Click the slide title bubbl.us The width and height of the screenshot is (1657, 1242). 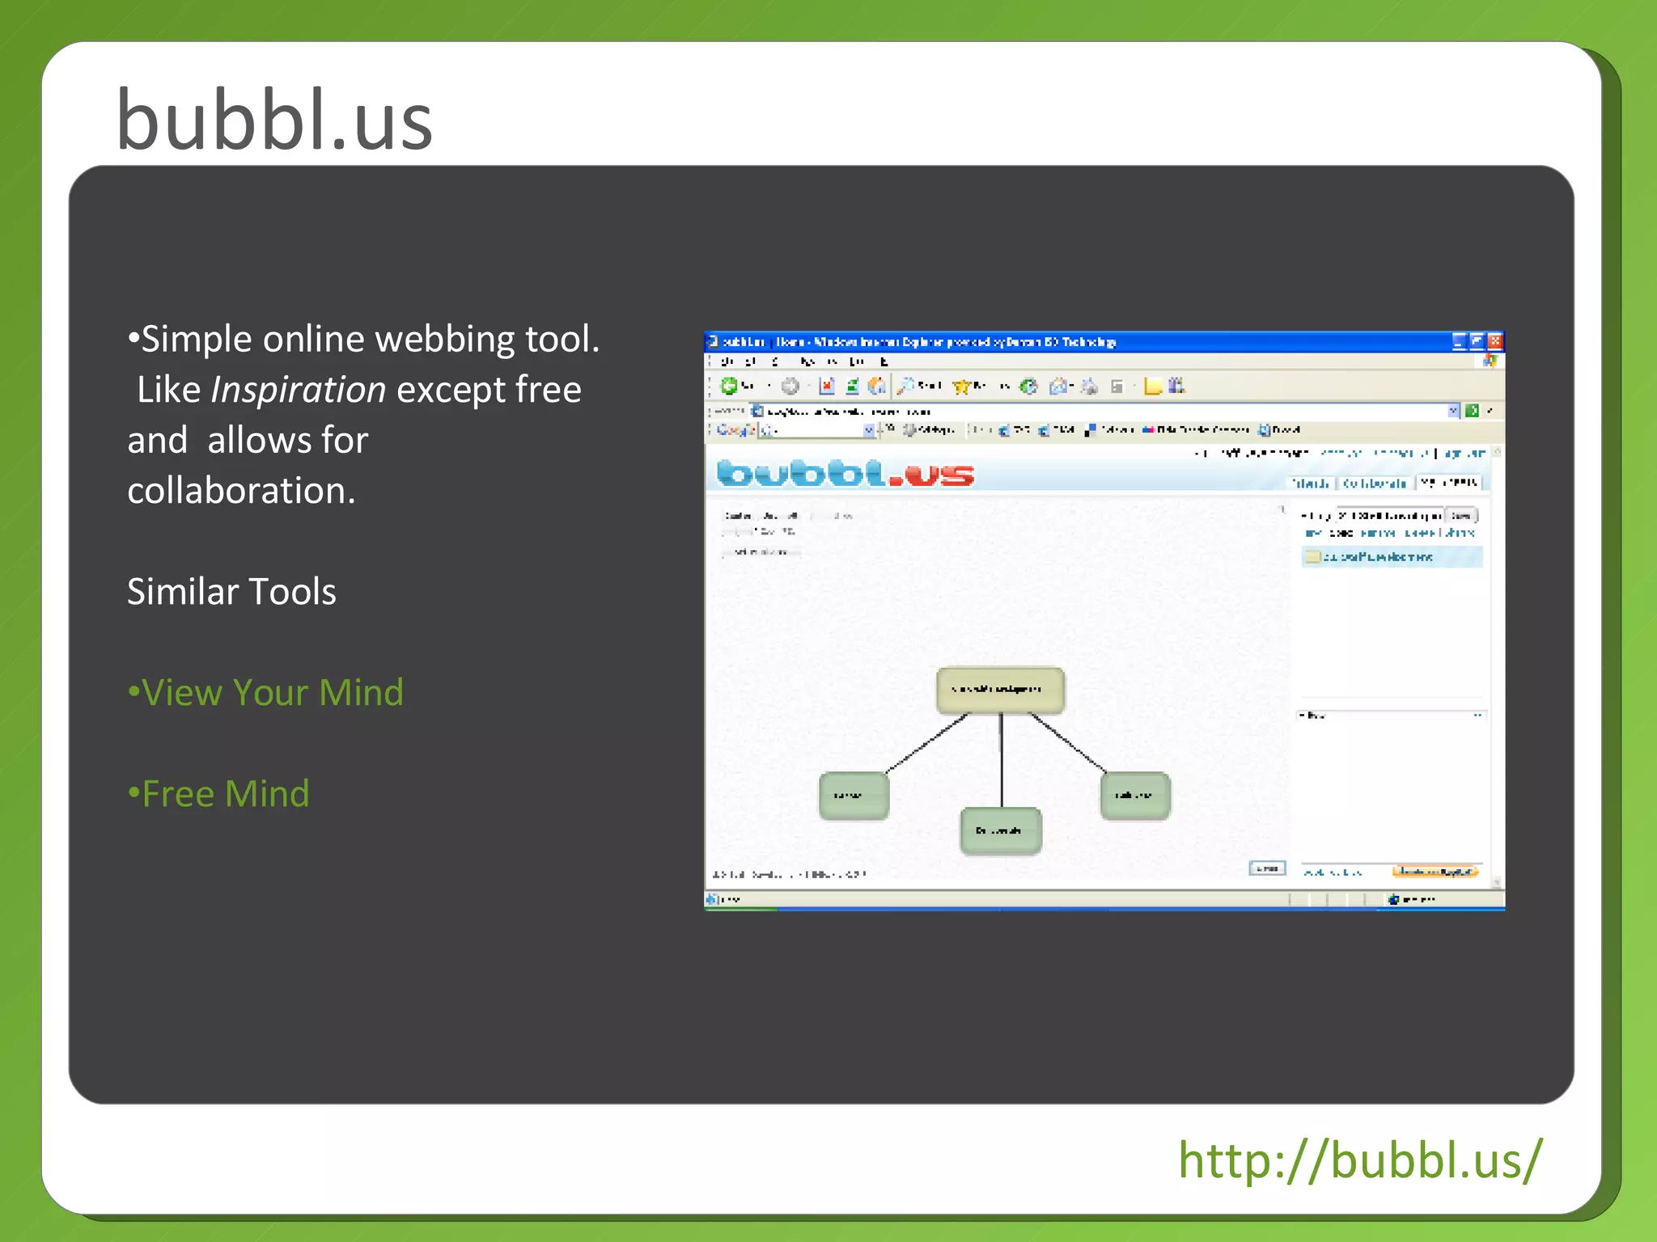coord(274,121)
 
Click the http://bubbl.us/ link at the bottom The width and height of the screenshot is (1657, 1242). coord(1360,1160)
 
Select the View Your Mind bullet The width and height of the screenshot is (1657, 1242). coord(266,693)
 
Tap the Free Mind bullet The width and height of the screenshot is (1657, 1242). coord(219,794)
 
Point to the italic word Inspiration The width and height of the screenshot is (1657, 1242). coord(298,390)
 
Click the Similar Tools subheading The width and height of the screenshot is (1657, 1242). coord(231,592)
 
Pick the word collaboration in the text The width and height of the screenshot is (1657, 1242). coord(240,491)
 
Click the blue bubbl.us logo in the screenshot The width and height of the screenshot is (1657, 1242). coord(845,473)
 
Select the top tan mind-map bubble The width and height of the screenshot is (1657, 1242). coord(1000,690)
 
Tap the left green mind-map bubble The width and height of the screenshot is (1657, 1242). coord(854,796)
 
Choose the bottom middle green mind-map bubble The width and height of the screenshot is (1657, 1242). coord(1001,830)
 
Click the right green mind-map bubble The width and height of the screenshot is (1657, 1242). coord(1134,796)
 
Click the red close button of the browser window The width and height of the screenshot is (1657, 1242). coord(1494,341)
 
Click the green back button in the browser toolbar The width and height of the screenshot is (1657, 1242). coord(728,387)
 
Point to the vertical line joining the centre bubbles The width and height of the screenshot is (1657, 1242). coord(1002,760)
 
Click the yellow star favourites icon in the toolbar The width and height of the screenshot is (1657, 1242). coord(961,387)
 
